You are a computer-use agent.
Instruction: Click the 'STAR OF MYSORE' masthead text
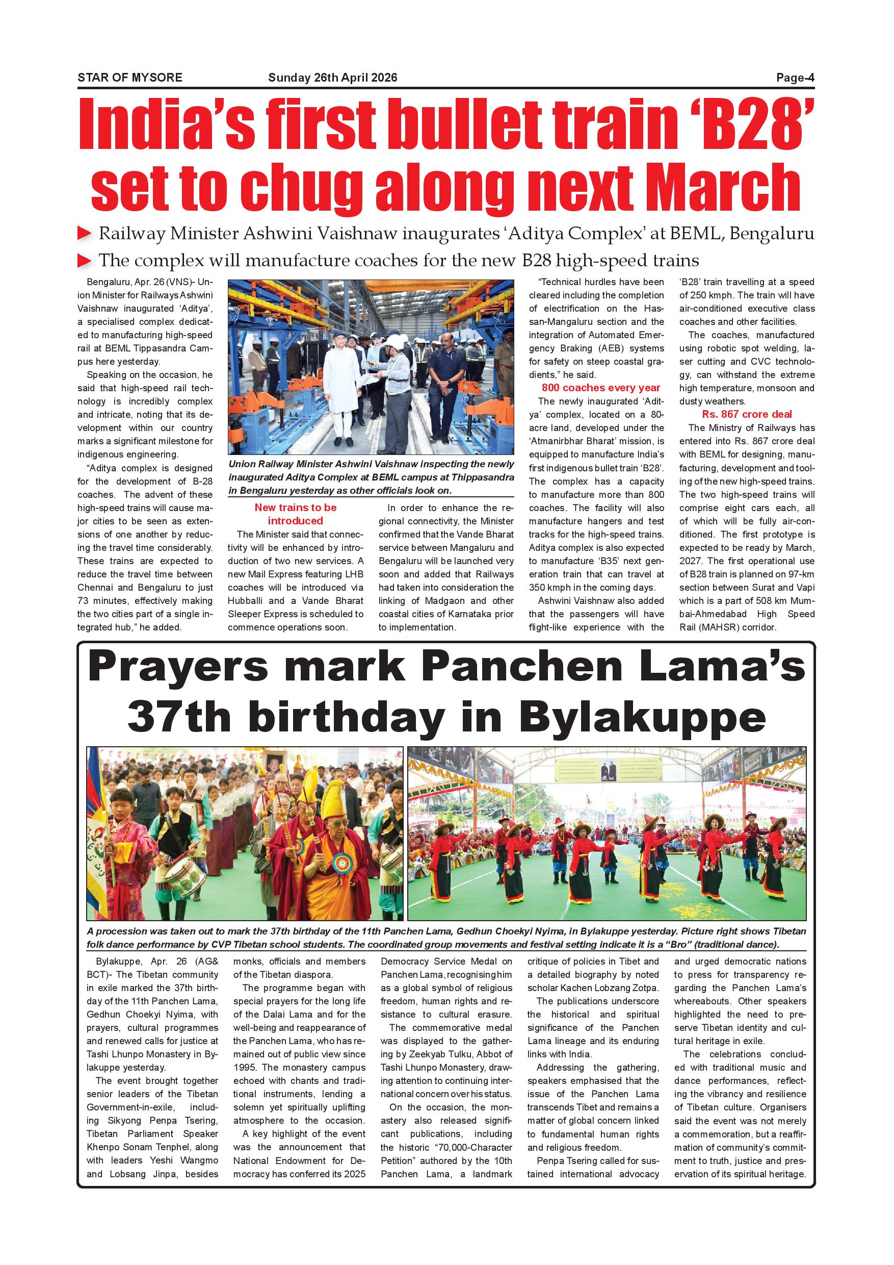click(130, 78)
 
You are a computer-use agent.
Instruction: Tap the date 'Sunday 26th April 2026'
click(332, 78)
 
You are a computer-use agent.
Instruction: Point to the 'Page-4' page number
click(795, 78)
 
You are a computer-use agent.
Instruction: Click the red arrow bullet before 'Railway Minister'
click(84, 234)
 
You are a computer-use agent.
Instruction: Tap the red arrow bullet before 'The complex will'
click(84, 260)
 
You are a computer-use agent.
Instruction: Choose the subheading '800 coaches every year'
click(600, 388)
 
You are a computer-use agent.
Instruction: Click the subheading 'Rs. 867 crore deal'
click(747, 414)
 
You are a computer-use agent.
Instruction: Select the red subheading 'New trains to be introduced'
click(295, 514)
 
